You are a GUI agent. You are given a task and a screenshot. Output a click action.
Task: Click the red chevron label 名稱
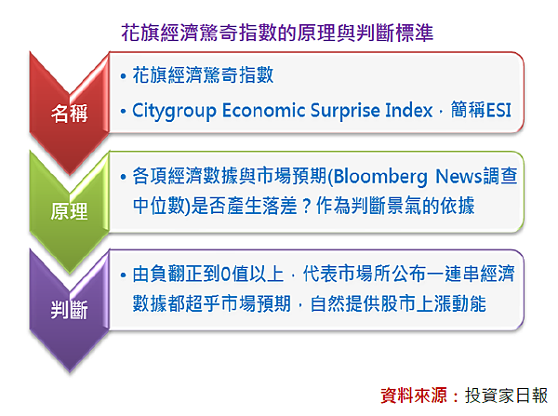(69, 114)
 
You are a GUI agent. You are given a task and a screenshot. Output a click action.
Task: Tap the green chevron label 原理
(69, 211)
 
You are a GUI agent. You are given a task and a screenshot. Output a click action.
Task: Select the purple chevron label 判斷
(69, 310)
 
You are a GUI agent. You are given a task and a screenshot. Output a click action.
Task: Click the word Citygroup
(175, 111)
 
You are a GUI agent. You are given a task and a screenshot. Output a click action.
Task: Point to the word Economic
(264, 110)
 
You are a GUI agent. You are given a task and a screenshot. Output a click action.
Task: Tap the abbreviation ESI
(498, 110)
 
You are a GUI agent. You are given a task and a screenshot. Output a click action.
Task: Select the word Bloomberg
(380, 177)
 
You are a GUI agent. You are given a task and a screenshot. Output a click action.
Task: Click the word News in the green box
(458, 176)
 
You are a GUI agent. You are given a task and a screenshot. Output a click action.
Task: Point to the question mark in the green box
(307, 207)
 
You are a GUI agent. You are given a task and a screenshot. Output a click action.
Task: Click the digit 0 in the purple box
(225, 275)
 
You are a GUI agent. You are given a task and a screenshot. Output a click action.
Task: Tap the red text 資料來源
(414, 396)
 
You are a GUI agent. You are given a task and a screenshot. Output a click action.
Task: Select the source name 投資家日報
(506, 396)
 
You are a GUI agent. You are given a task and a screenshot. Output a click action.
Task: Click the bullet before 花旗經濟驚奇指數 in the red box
(123, 76)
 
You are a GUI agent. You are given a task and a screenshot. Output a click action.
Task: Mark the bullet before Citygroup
(123, 111)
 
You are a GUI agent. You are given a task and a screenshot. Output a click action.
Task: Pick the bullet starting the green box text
(123, 177)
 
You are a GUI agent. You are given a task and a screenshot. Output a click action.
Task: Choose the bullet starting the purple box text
(123, 275)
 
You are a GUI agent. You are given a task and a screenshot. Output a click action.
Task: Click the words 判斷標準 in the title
(394, 34)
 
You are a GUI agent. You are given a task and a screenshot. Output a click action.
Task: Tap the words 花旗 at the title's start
(140, 34)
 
